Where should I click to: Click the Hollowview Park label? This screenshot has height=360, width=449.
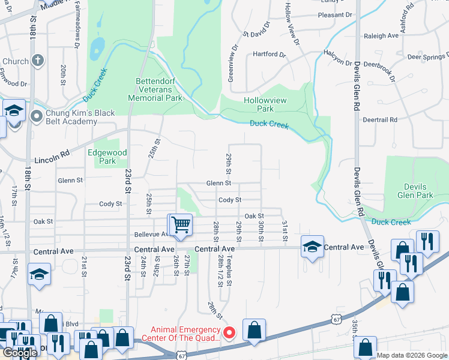tap(259, 105)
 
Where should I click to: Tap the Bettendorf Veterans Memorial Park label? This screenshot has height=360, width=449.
tap(155, 89)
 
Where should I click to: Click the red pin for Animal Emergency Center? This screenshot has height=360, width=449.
tap(229, 332)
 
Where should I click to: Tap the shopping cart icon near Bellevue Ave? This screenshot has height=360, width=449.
tap(180, 226)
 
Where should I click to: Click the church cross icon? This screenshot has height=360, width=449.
tap(37, 60)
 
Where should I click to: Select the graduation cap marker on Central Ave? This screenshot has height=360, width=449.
tap(312, 247)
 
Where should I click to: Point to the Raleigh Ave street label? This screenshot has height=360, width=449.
tap(381, 36)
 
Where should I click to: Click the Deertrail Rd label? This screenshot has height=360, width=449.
tap(380, 119)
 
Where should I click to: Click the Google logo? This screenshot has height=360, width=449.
tap(20, 353)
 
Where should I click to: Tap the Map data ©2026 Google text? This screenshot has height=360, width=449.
tap(412, 355)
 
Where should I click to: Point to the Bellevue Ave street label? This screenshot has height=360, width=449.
tap(151, 234)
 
